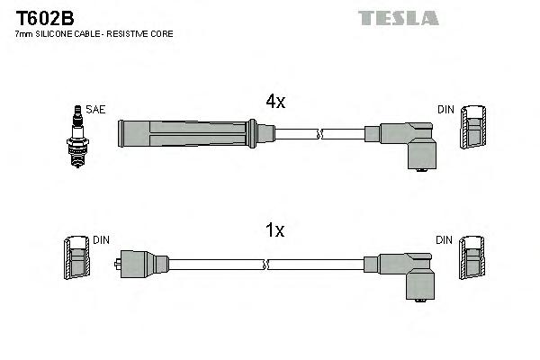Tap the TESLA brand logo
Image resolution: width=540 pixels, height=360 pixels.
(398, 17)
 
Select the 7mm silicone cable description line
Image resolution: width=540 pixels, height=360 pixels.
(94, 34)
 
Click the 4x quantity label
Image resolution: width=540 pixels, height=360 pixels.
(274, 102)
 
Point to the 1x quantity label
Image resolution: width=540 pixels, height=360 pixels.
(274, 231)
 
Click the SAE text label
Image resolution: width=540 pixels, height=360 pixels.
(97, 110)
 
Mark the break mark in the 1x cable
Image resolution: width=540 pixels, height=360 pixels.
(268, 265)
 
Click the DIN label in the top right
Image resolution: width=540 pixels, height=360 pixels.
(445, 110)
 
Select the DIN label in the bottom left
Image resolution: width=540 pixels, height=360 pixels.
(102, 240)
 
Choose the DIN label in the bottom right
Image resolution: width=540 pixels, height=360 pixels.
(445, 240)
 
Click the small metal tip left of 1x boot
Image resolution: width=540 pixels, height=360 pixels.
(119, 265)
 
